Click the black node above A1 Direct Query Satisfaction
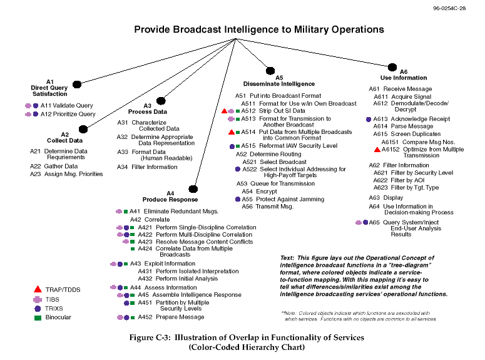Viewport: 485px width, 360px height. [77, 84]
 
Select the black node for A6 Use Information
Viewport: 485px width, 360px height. [392, 67]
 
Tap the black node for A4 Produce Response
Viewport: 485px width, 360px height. [193, 189]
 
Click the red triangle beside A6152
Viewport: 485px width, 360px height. [377, 150]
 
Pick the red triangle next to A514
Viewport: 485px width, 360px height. [232, 132]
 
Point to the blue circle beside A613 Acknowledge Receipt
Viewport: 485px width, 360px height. [369, 119]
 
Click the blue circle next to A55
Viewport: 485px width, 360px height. [238, 199]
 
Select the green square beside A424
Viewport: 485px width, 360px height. [133, 249]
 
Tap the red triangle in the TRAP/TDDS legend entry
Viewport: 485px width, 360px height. [38, 289]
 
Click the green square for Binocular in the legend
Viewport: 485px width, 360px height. [38, 318]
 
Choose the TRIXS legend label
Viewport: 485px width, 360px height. [54, 309]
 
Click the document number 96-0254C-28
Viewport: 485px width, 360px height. [449, 8]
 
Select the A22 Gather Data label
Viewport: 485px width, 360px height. [54, 166]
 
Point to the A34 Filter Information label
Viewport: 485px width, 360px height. [147, 167]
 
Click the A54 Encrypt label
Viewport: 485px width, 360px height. [260, 192]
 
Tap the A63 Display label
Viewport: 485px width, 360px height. [386, 197]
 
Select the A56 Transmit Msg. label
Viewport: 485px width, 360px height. [268, 207]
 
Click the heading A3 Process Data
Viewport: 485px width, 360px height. [148, 109]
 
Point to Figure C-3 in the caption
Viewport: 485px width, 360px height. [150, 337]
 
